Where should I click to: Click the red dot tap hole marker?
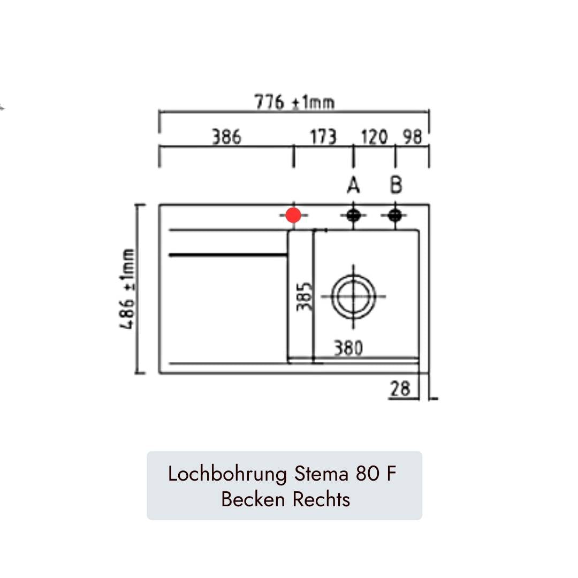point(293,215)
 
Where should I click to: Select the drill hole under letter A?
point(353,216)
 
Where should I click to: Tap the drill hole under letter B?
point(394,216)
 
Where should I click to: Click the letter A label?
point(353,186)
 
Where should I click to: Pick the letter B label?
point(396,185)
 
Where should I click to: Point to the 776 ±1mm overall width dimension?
point(294,102)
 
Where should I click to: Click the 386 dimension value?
point(226,138)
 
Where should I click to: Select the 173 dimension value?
point(323,138)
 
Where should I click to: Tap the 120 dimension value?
point(374,138)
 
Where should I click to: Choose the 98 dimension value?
point(412,138)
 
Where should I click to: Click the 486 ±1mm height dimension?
point(128,289)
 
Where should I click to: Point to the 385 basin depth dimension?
point(303,296)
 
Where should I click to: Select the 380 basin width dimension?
point(348,348)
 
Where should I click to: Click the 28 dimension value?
point(400,389)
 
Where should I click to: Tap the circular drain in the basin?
point(353,296)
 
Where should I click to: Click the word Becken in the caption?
point(254,499)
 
